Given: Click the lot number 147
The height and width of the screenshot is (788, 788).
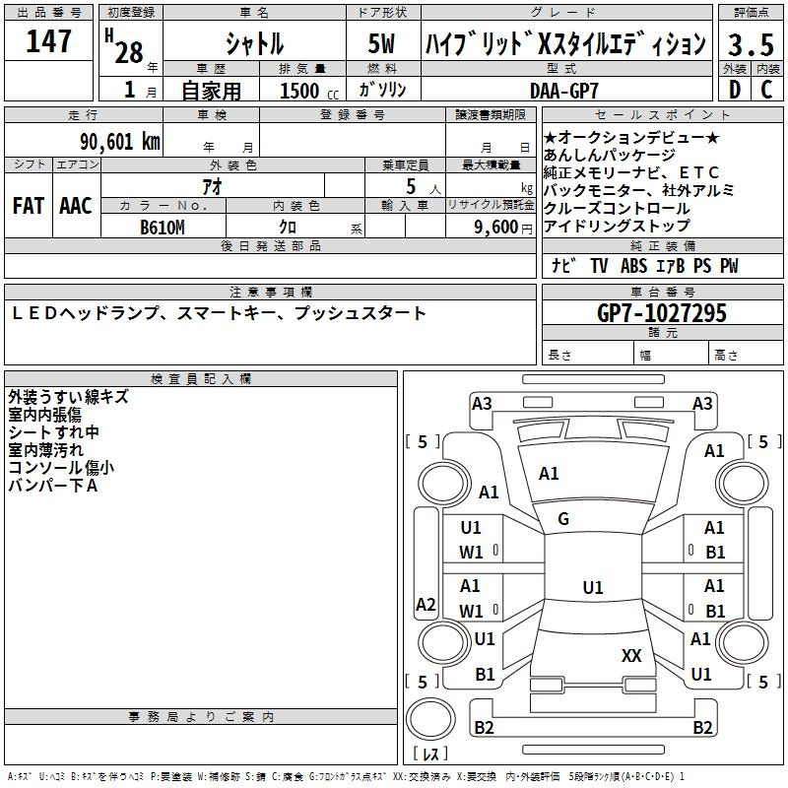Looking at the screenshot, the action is [48, 41].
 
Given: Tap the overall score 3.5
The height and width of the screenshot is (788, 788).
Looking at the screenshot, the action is [751, 44].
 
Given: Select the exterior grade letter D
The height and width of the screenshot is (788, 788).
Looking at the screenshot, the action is [735, 90].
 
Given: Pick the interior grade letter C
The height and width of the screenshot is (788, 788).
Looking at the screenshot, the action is [766, 90].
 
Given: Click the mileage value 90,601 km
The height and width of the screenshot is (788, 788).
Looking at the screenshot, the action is [120, 142].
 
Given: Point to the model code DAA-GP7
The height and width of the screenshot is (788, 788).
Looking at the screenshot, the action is [564, 91].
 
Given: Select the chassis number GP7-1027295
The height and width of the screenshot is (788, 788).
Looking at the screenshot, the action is [662, 313].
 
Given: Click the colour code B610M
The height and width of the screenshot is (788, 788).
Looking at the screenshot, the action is [163, 228].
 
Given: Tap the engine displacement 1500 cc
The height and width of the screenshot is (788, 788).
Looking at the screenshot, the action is [309, 91].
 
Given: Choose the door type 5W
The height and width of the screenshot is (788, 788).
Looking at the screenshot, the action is [381, 43].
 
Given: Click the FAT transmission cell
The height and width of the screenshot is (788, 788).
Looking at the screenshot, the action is [29, 206].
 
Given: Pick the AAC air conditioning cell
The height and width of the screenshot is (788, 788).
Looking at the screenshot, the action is [76, 206].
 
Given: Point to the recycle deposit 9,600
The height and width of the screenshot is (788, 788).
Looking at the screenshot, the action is [496, 228].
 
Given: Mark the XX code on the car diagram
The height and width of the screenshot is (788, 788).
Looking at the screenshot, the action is [631, 656].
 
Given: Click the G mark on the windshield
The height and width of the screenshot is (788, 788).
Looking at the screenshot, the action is [563, 519].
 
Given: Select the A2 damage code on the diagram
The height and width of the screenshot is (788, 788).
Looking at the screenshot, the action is [426, 604].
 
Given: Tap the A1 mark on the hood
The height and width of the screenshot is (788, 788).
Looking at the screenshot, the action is [549, 474].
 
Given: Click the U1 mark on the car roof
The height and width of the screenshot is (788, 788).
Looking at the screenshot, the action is [593, 587].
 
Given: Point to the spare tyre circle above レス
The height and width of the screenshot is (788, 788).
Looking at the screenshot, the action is [430, 719].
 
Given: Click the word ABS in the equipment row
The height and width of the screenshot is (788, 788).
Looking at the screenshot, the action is [633, 266].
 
